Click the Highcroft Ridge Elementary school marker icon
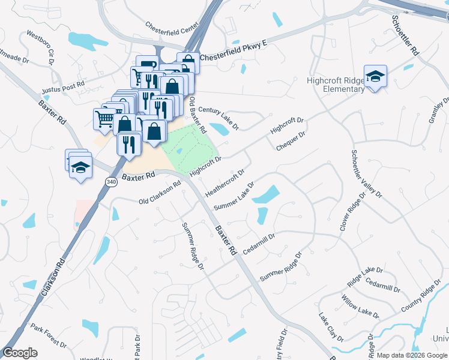click(x=375, y=77)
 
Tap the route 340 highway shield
click(x=110, y=181)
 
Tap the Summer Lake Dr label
click(x=235, y=197)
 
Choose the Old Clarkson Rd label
click(x=159, y=193)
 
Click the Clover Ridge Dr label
click(x=352, y=212)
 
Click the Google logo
click(x=20, y=353)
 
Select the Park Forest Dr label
click(x=49, y=337)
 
